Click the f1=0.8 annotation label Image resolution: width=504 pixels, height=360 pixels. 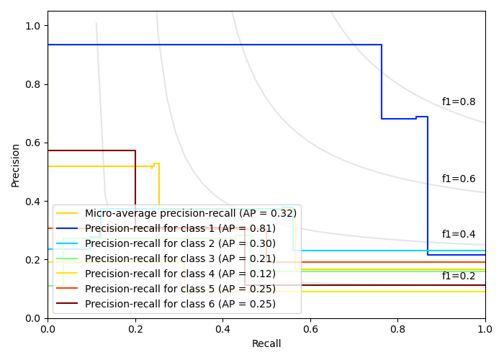coord(459,102)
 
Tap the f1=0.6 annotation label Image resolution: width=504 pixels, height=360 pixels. coord(459,179)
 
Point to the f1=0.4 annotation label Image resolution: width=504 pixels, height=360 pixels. coord(459,235)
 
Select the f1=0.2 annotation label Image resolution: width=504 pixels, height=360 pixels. coord(459,276)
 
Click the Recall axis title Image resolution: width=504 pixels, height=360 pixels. coord(266,344)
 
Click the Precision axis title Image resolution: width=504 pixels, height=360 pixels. coord(16,164)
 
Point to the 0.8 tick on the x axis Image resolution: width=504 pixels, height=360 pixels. coord(397,328)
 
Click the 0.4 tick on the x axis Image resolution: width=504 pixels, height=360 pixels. coord(222,328)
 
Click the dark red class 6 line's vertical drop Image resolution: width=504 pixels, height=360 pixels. coord(135,180)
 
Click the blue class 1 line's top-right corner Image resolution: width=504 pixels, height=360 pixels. coord(382,45)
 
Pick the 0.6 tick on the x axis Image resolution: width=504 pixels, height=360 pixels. coord(310,328)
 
